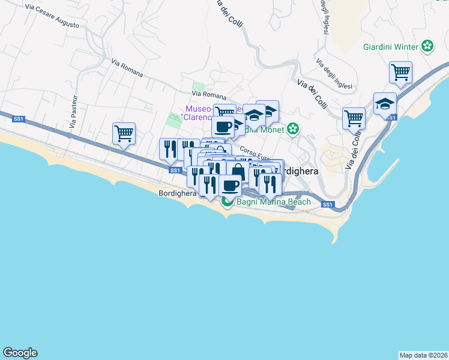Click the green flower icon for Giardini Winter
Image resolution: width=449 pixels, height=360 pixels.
[x=427, y=46]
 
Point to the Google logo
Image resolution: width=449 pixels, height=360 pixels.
[x=20, y=353]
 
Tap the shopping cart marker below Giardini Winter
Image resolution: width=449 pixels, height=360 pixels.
[x=400, y=73]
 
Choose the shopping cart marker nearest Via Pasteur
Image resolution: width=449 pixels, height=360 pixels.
[x=124, y=133]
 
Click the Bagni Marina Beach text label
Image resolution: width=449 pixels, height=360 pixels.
[x=274, y=202]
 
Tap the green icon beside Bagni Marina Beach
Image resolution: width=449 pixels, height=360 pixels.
[x=228, y=202]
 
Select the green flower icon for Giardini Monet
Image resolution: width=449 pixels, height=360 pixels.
[x=293, y=128]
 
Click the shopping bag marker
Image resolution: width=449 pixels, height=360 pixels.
[x=238, y=172]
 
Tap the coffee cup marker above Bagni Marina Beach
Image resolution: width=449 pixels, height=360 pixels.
[x=230, y=185]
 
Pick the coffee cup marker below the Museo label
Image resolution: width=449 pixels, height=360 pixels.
[x=223, y=127]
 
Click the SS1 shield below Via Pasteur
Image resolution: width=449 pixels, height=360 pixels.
[x=18, y=119]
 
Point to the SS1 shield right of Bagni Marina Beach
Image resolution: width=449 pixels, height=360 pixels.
[x=327, y=205]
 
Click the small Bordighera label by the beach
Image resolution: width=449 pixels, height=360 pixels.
[x=178, y=194]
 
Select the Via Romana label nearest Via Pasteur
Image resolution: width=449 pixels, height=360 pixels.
[x=127, y=68]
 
